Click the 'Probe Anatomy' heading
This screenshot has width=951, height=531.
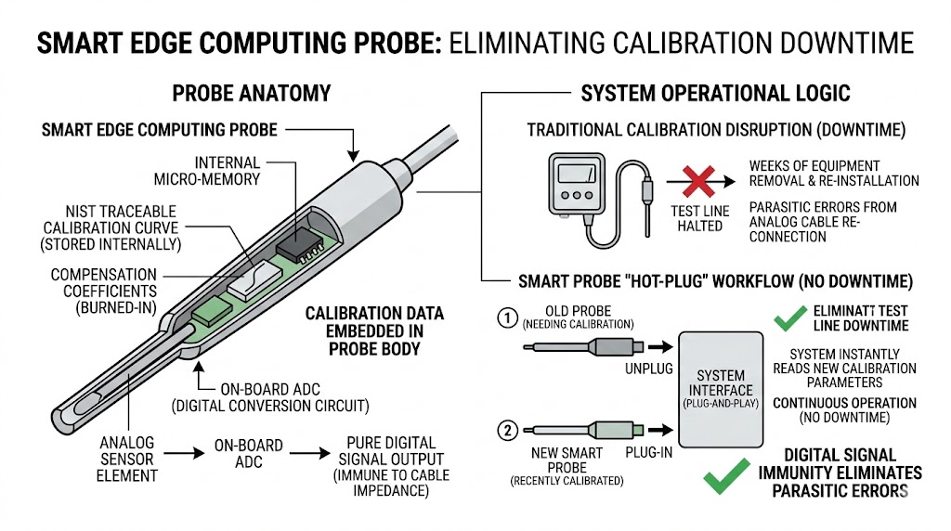pos(251,94)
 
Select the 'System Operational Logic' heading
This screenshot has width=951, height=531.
pos(715,94)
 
